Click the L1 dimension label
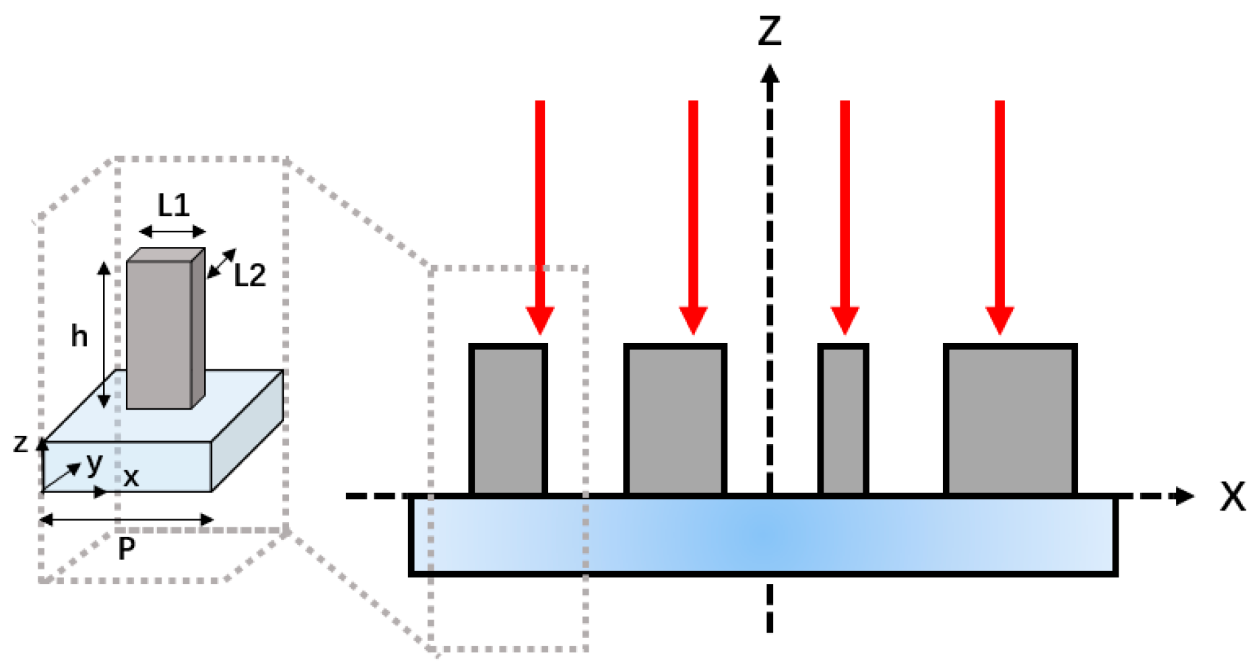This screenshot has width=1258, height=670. pyautogui.click(x=173, y=205)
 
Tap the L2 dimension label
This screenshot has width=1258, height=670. pyautogui.click(x=249, y=275)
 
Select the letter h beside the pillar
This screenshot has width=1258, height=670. pyautogui.click(x=79, y=335)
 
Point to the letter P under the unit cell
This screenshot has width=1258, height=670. pyautogui.click(x=126, y=549)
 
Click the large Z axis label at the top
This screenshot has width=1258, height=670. pyautogui.click(x=770, y=32)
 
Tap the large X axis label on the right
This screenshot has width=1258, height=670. pyautogui.click(x=1232, y=498)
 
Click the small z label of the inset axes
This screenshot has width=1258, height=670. pyautogui.click(x=21, y=443)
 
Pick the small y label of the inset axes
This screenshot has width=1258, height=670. pyautogui.click(x=94, y=463)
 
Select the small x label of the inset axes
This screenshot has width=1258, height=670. pyautogui.click(x=131, y=478)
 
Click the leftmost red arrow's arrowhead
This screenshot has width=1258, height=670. pyautogui.click(x=539, y=320)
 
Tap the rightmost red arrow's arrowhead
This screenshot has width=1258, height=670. pyautogui.click(x=999, y=320)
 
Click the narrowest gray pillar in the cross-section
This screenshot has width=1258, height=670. pyautogui.click(x=843, y=420)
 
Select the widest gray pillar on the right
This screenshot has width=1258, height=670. pyautogui.click(x=1010, y=420)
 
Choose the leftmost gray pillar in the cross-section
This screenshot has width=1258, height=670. pyautogui.click(x=508, y=420)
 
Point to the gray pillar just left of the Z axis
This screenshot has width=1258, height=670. pyautogui.click(x=675, y=420)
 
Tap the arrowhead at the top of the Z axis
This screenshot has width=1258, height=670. pyautogui.click(x=770, y=73)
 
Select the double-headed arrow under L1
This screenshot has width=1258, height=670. pyautogui.click(x=172, y=231)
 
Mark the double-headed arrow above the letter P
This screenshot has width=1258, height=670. pyautogui.click(x=127, y=519)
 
